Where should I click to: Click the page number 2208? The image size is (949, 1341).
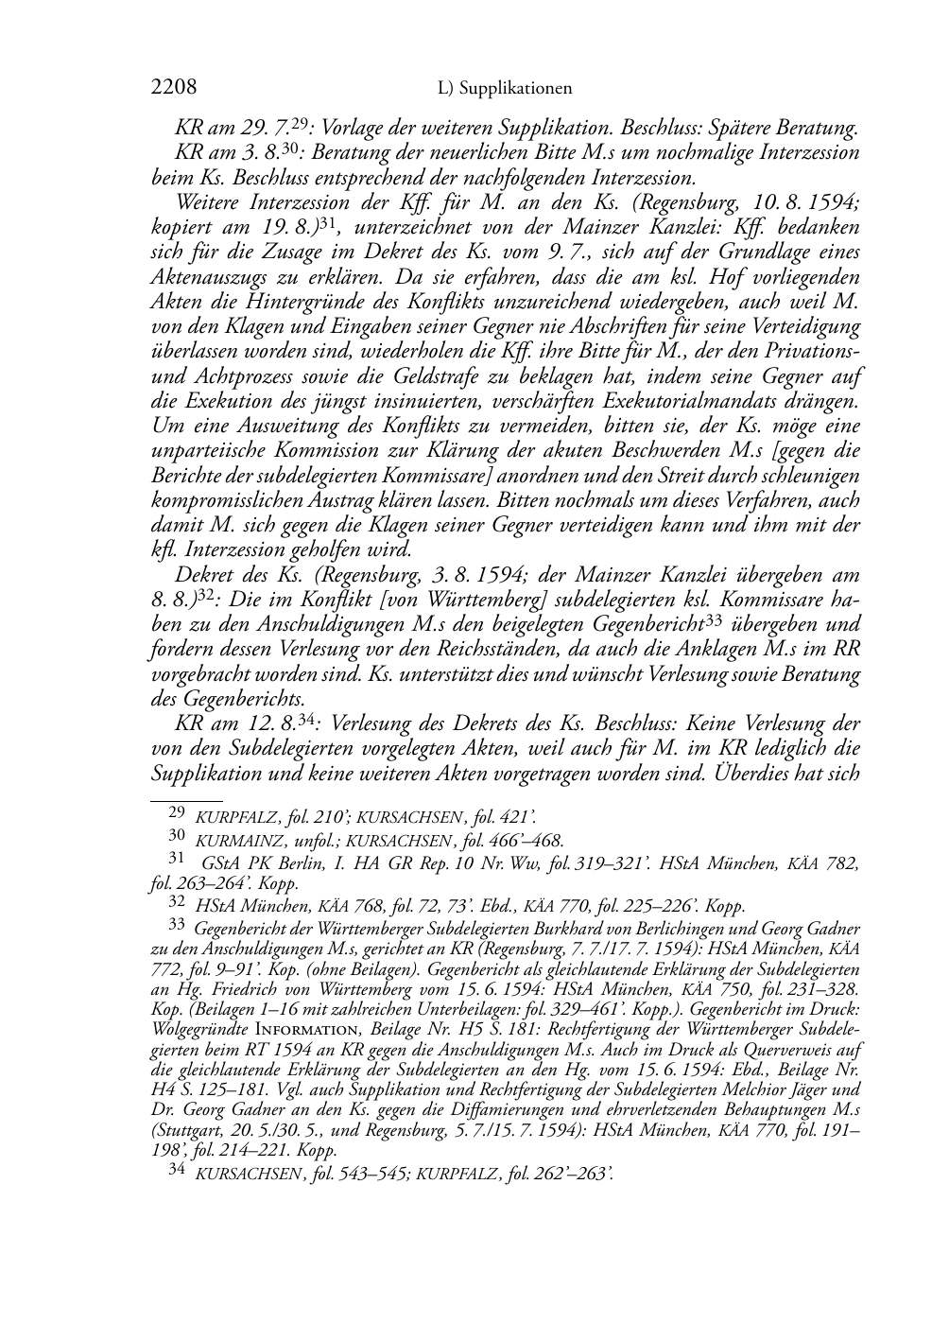pyautogui.click(x=174, y=88)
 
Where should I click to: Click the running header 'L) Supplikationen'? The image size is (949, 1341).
pyautogui.click(x=506, y=89)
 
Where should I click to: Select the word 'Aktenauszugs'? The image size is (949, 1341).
pyautogui.click(x=200, y=277)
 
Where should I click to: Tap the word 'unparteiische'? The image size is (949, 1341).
pyautogui.click(x=208, y=451)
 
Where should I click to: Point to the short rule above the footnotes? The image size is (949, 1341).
pyautogui.click(x=180, y=800)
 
